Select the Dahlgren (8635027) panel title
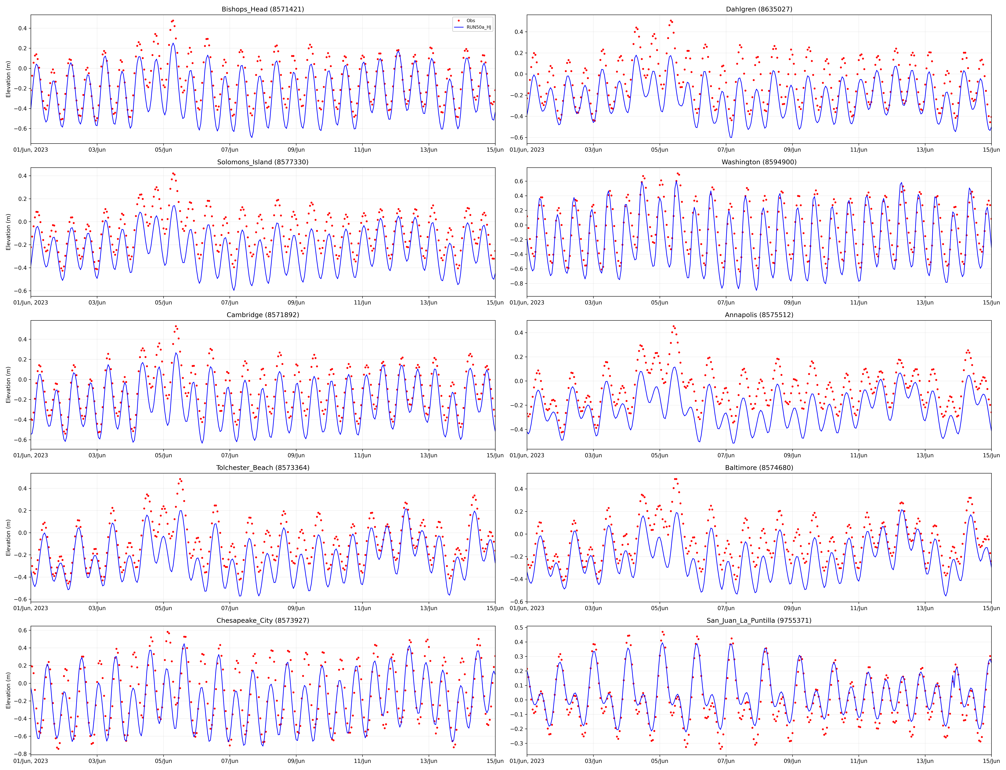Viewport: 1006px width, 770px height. [x=759, y=9]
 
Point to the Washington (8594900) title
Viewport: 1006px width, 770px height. [x=759, y=162]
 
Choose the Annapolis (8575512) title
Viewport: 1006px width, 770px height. [x=759, y=315]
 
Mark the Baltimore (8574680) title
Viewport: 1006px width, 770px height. [x=759, y=468]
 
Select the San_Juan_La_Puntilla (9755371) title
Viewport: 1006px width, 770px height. [x=759, y=620]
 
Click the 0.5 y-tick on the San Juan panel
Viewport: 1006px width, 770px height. [x=519, y=627]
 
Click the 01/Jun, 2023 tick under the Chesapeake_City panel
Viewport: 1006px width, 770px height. [x=31, y=761]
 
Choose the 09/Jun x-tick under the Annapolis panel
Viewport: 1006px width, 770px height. [x=792, y=455]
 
